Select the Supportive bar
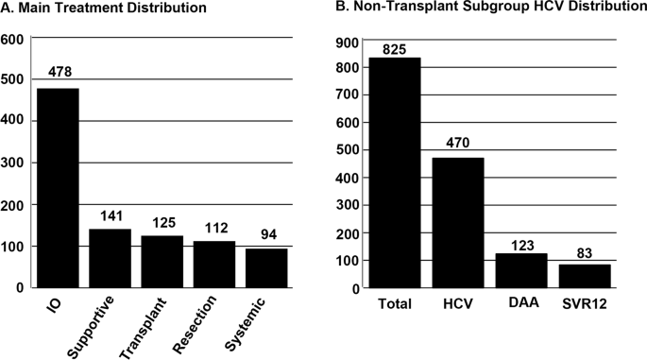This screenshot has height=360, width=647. coord(111,257)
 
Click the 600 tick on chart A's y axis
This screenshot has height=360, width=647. coord(13,40)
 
